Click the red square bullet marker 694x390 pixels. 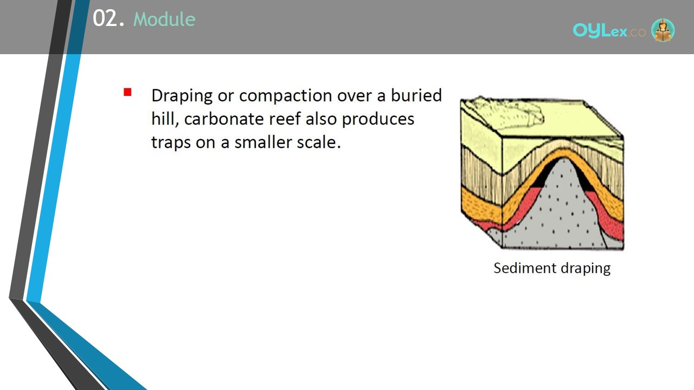[127, 92]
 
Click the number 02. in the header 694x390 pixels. [109, 18]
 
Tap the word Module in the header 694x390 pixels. [164, 19]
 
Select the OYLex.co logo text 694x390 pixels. [609, 31]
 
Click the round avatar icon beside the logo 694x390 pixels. [663, 30]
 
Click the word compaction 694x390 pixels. [286, 96]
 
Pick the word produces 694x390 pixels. [378, 120]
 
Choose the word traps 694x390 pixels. [171, 142]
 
